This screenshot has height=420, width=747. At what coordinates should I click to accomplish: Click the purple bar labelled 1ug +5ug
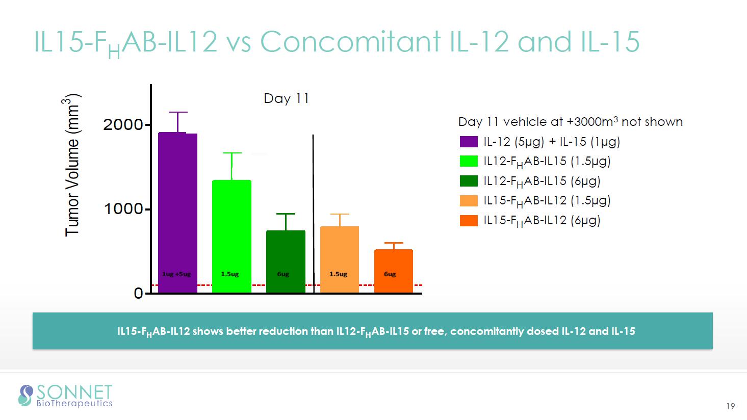click(x=177, y=214)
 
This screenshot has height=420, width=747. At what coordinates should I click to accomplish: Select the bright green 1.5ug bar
click(x=231, y=234)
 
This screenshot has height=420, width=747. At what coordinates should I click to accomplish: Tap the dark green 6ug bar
click(x=286, y=260)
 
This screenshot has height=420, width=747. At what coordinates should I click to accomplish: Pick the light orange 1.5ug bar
click(x=339, y=257)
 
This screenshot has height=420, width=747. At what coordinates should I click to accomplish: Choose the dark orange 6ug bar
click(x=393, y=270)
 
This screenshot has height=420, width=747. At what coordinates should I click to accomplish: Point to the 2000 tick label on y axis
click(x=123, y=125)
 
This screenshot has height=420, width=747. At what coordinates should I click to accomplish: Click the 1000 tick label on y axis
click(x=123, y=209)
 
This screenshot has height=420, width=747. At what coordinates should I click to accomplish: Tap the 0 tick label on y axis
click(x=138, y=294)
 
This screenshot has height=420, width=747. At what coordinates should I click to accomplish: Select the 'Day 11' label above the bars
click(x=286, y=98)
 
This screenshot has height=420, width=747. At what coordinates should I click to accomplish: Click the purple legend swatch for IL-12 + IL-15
click(x=469, y=142)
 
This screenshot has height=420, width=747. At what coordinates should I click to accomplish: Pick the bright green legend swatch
click(x=469, y=161)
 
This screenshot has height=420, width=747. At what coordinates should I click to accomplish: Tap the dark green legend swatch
click(x=469, y=181)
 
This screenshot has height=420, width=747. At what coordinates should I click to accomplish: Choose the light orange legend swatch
click(x=469, y=200)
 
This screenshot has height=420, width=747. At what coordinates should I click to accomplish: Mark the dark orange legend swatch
click(x=469, y=220)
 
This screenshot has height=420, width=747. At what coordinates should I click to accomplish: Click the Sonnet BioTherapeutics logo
click(x=65, y=396)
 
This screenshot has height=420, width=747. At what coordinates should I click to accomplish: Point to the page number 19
click(x=730, y=406)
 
